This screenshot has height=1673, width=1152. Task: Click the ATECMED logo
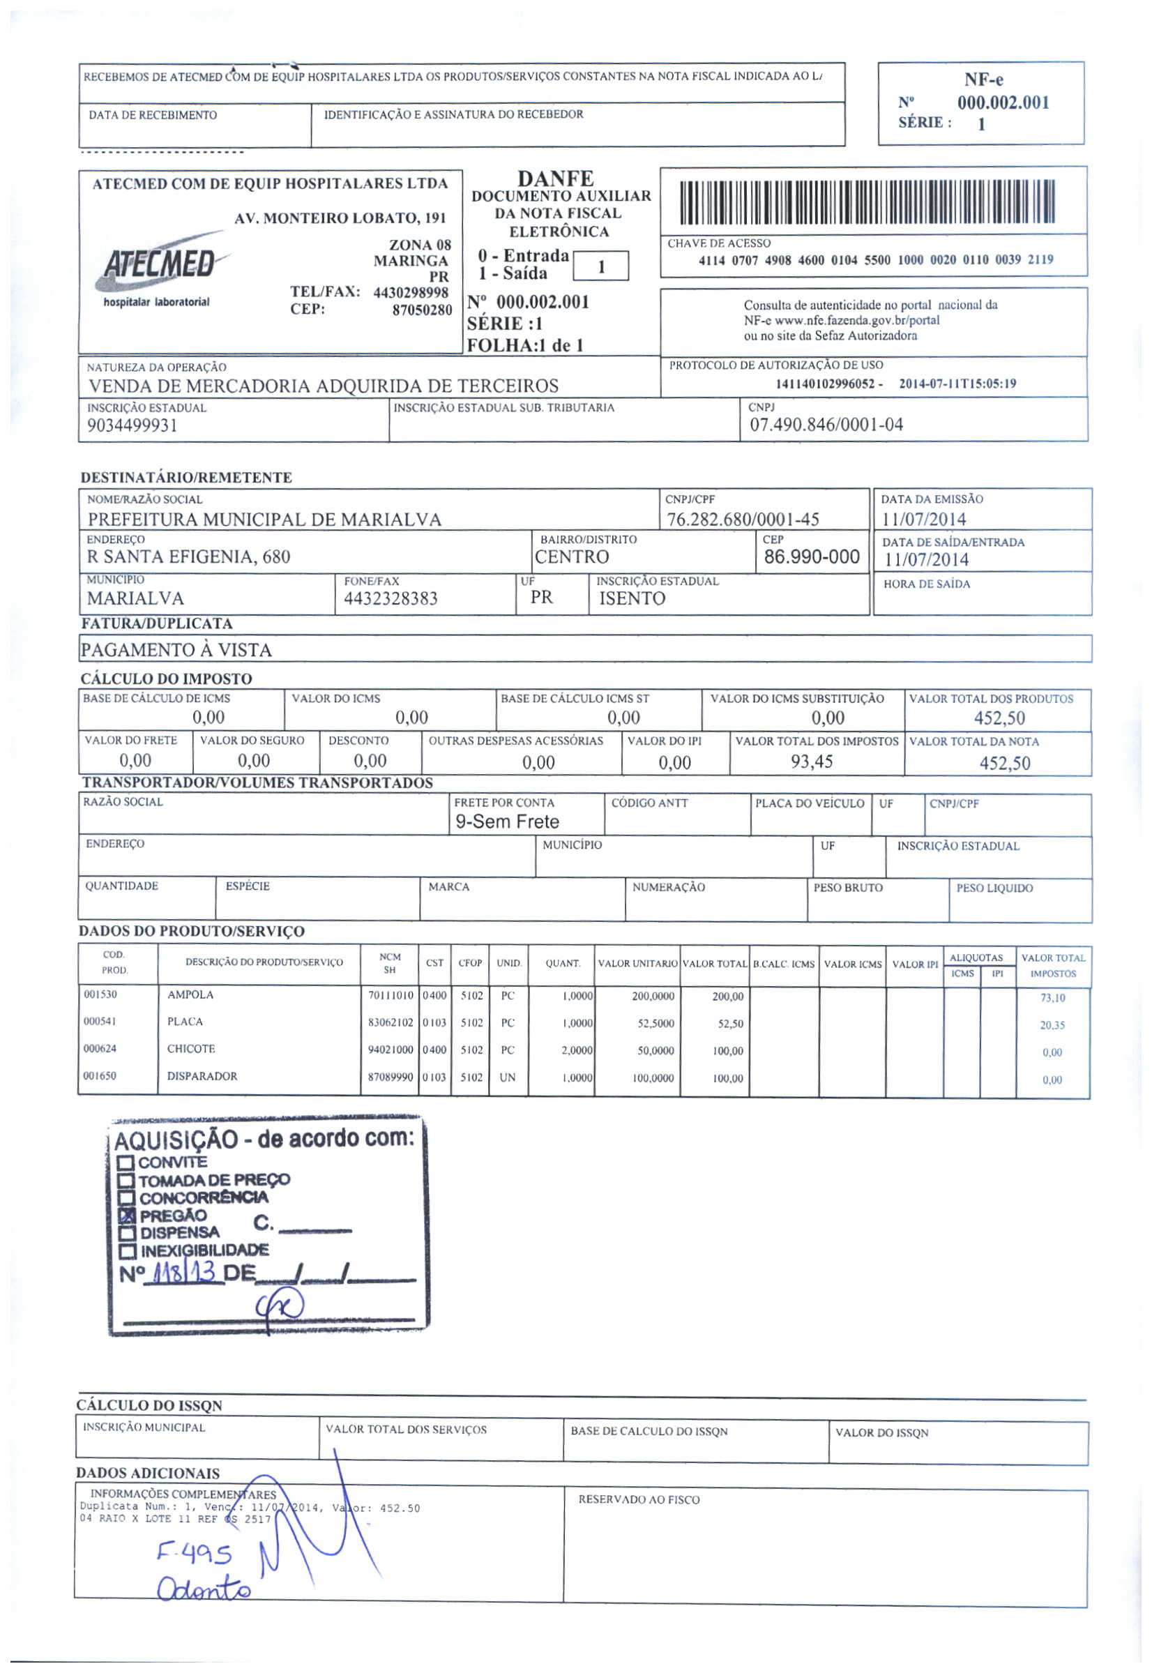click(160, 266)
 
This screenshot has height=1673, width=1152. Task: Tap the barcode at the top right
click(867, 202)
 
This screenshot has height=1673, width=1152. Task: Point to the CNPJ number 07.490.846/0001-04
click(826, 425)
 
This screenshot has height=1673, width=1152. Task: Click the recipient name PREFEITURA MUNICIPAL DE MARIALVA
click(264, 520)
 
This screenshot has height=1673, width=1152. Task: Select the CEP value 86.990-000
click(811, 557)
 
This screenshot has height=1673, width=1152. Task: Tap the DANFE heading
click(555, 179)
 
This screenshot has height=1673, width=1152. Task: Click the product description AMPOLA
click(190, 994)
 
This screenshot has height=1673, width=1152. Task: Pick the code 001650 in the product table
click(100, 1076)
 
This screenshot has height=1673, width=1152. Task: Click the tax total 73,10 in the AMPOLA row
click(1052, 998)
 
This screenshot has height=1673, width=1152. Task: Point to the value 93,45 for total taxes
click(811, 762)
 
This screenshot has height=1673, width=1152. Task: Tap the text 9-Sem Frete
click(507, 822)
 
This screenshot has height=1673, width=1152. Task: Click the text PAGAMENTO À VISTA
click(176, 650)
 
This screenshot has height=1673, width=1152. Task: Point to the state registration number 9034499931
click(132, 426)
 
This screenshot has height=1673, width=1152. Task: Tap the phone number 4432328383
click(391, 598)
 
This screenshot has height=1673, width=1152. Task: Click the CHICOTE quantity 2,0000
click(577, 1051)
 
